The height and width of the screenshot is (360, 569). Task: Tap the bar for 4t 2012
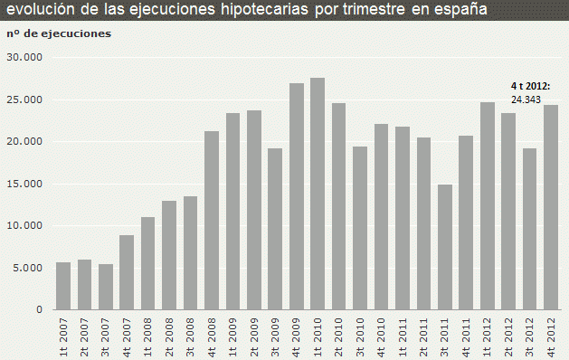coord(550,207)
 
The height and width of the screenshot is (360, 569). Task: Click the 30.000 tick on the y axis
coord(25,57)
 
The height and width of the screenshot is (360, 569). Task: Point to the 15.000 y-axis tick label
coord(25,184)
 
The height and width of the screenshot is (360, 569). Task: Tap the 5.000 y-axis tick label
coord(27,268)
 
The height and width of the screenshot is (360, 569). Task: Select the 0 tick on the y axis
coord(40,310)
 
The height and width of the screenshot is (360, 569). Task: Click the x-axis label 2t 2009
coord(254,336)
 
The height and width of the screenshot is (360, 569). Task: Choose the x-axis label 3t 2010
coord(360,336)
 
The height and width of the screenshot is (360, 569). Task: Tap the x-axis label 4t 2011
coord(466,336)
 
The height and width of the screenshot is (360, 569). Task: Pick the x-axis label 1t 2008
coord(148,336)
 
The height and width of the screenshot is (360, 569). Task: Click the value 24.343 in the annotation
coord(526,99)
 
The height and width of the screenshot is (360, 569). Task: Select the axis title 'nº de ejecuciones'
coord(59,33)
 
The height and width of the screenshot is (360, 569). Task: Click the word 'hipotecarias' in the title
coord(262,10)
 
